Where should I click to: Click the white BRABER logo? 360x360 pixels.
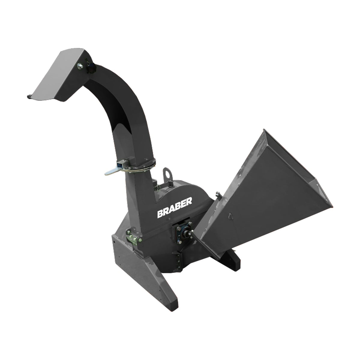tap(175, 208)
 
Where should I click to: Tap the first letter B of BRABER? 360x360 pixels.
tap(160, 214)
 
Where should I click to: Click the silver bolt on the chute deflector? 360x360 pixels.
tap(80, 66)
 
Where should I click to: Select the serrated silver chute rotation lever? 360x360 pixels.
tap(112, 171)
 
